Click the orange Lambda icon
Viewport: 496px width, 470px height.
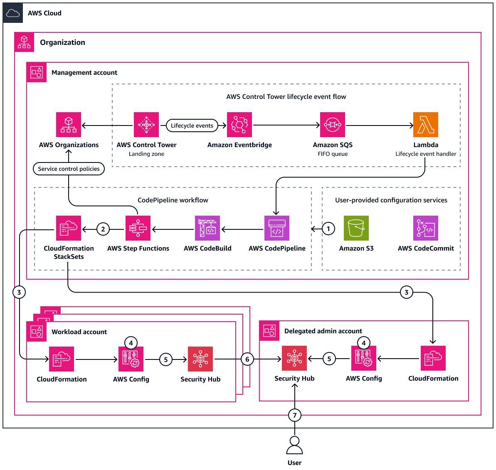click(425, 125)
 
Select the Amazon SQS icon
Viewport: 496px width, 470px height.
click(333, 125)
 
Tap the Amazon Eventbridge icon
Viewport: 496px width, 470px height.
click(239, 125)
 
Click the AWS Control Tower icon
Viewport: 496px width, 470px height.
click(146, 125)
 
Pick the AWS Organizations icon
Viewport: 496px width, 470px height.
click(69, 125)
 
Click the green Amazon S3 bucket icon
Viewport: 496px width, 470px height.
click(356, 228)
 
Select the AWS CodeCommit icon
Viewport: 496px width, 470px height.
click(425, 228)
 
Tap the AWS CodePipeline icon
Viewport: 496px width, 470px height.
click(277, 228)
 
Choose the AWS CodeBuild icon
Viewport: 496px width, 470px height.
click(207, 228)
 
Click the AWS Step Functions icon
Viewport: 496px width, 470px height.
click(138, 228)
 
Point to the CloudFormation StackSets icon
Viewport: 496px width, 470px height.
click(69, 228)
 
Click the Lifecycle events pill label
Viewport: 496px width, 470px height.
click(192, 125)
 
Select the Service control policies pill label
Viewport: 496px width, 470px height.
click(69, 169)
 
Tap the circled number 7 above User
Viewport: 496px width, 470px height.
click(295, 415)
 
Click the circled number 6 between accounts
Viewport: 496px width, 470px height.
click(247, 359)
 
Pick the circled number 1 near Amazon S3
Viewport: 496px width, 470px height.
click(328, 229)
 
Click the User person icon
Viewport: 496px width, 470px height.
click(294, 445)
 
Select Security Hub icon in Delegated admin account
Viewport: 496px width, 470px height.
click(294, 358)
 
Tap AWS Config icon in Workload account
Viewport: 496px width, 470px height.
click(131, 359)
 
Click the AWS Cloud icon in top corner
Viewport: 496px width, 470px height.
click(13, 13)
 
